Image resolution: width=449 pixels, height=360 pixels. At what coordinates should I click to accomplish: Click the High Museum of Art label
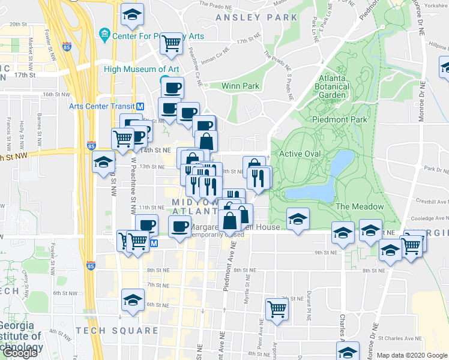142,69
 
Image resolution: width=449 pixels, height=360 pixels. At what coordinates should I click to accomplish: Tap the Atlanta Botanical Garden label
332,86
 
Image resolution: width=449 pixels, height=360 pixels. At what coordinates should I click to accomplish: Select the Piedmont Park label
339,119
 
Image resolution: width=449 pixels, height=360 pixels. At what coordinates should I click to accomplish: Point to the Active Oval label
300,154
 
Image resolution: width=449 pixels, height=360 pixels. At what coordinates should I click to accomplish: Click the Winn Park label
240,86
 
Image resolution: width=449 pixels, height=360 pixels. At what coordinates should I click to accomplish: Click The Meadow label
360,206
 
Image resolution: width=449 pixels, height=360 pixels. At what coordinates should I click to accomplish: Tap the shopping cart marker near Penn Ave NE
277,309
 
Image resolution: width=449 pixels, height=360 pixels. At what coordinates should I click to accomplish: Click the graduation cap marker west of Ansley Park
132,16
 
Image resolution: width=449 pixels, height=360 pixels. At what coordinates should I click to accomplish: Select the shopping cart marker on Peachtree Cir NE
172,43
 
